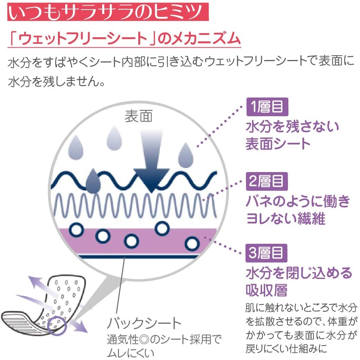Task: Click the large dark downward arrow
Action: pyautogui.click(x=151, y=165)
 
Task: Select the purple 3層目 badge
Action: pyautogui.click(x=267, y=253)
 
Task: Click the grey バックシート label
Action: pyautogui.click(x=144, y=323)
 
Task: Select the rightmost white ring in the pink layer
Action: pyautogui.click(x=192, y=243)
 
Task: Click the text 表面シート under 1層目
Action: pyautogui.click(x=278, y=143)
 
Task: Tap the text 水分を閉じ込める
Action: pyautogui.click(x=299, y=273)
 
